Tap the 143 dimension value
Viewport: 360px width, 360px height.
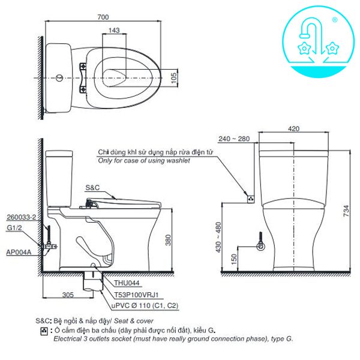click(115, 31)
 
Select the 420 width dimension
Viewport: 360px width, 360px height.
click(293, 128)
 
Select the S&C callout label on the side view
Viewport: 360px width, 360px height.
click(93, 187)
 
